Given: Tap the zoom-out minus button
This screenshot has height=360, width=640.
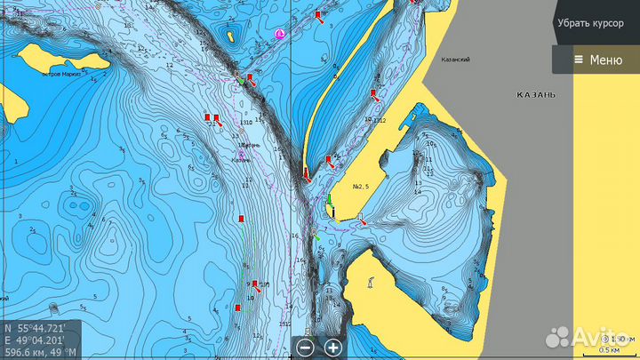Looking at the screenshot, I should point(305,348).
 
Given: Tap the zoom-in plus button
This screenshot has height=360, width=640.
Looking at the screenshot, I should point(333,348).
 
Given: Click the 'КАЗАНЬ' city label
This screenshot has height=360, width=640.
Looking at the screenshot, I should point(536,93).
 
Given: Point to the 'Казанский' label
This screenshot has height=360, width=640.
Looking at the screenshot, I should point(456,60).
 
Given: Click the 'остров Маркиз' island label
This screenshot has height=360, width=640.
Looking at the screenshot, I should point(62,75).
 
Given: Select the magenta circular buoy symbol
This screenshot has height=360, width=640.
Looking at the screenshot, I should point(280,34).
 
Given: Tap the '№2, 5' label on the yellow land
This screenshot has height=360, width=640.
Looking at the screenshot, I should point(361,187).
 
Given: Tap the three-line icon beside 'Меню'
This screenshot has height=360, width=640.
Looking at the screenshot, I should point(579,60).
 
